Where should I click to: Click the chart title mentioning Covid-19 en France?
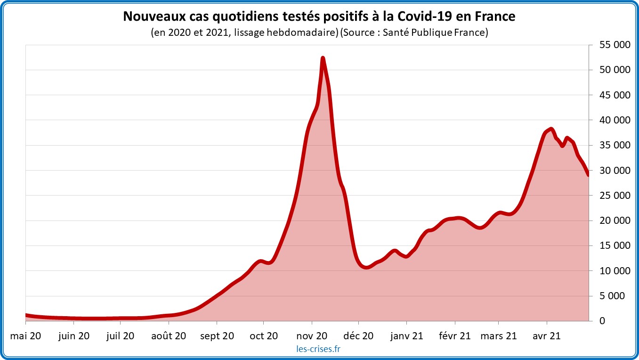tap(319, 16)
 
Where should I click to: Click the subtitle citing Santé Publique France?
tap(319, 33)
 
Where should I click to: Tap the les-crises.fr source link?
tap(319, 349)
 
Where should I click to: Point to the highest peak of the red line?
tap(323, 58)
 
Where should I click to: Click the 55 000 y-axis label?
tap(612, 45)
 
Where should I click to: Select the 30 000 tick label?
tap(612, 170)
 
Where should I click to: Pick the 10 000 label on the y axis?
tap(612, 270)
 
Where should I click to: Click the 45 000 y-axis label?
tap(612, 95)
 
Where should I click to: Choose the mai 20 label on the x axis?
tap(25, 336)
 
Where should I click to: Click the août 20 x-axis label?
tap(169, 336)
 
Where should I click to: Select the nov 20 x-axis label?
tap(311, 336)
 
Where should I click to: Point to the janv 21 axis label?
tap(406, 336)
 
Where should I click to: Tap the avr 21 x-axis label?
tap(546, 336)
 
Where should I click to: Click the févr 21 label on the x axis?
tap(455, 336)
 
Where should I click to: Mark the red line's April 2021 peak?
tap(551, 129)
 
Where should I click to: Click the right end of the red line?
tap(589, 175)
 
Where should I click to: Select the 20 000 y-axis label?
tap(612, 221)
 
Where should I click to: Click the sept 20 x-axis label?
tap(217, 336)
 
